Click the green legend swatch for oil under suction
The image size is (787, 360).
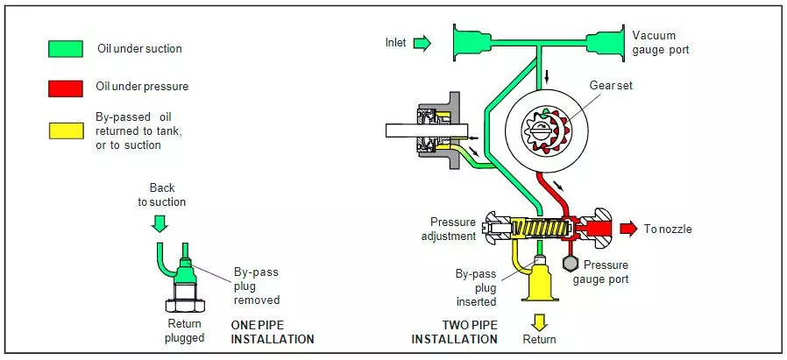click(66, 49)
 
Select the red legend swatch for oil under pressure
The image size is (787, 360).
click(66, 88)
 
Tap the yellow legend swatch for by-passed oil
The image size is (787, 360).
click(66, 130)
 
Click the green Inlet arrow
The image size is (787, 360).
click(422, 43)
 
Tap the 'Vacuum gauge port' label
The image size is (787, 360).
click(660, 43)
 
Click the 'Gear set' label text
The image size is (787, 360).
click(611, 85)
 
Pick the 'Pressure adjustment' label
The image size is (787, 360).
click(453, 229)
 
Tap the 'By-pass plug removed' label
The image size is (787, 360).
click(256, 285)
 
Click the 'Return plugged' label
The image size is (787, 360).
click(185, 331)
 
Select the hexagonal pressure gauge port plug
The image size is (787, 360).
click(568, 261)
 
